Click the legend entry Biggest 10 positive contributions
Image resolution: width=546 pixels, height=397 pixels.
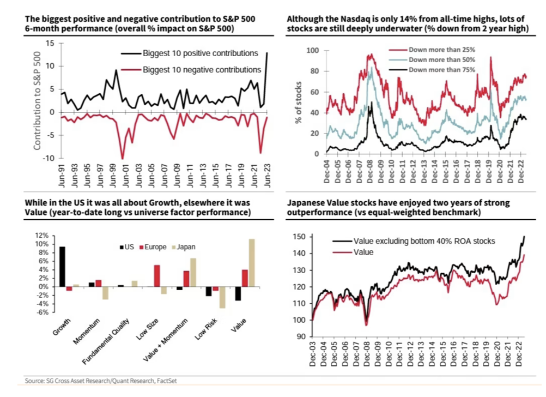click(x=200, y=53)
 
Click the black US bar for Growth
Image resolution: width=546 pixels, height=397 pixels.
click(x=62, y=267)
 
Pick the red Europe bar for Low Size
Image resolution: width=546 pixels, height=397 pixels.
click(x=157, y=276)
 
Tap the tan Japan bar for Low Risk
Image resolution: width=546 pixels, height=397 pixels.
click(x=222, y=298)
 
